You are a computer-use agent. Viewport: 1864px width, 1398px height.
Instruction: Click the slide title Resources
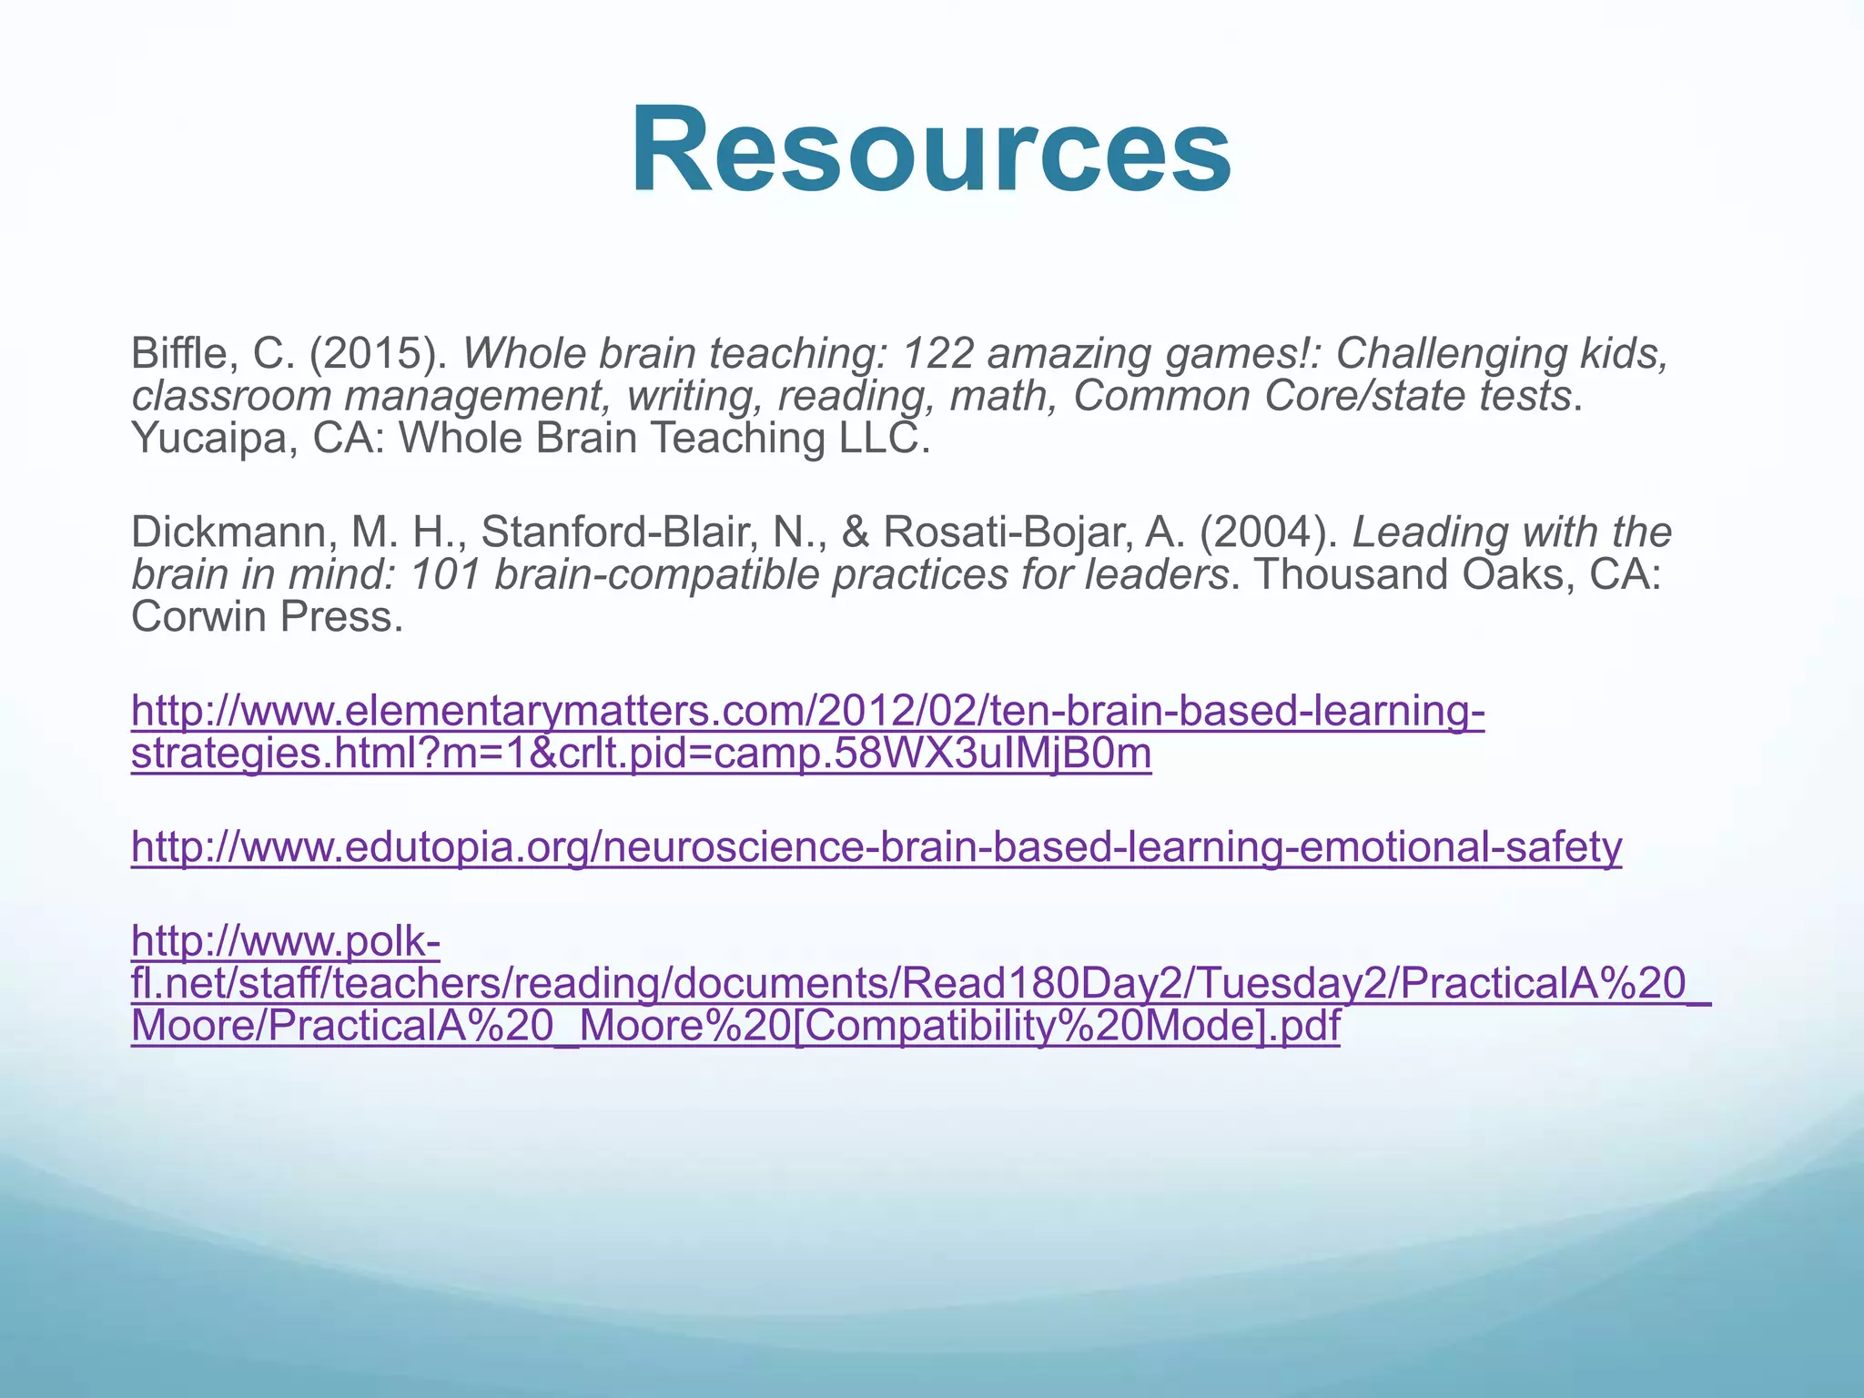pos(930,150)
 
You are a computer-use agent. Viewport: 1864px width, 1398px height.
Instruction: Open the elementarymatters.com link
pos(808,712)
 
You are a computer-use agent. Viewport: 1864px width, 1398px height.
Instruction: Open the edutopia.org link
pos(876,847)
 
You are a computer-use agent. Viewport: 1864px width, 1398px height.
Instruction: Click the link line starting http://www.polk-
pos(286,941)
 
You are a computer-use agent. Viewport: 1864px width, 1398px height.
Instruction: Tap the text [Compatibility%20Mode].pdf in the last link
pos(1066,1027)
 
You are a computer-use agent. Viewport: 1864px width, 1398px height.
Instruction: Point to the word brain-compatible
pos(655,575)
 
